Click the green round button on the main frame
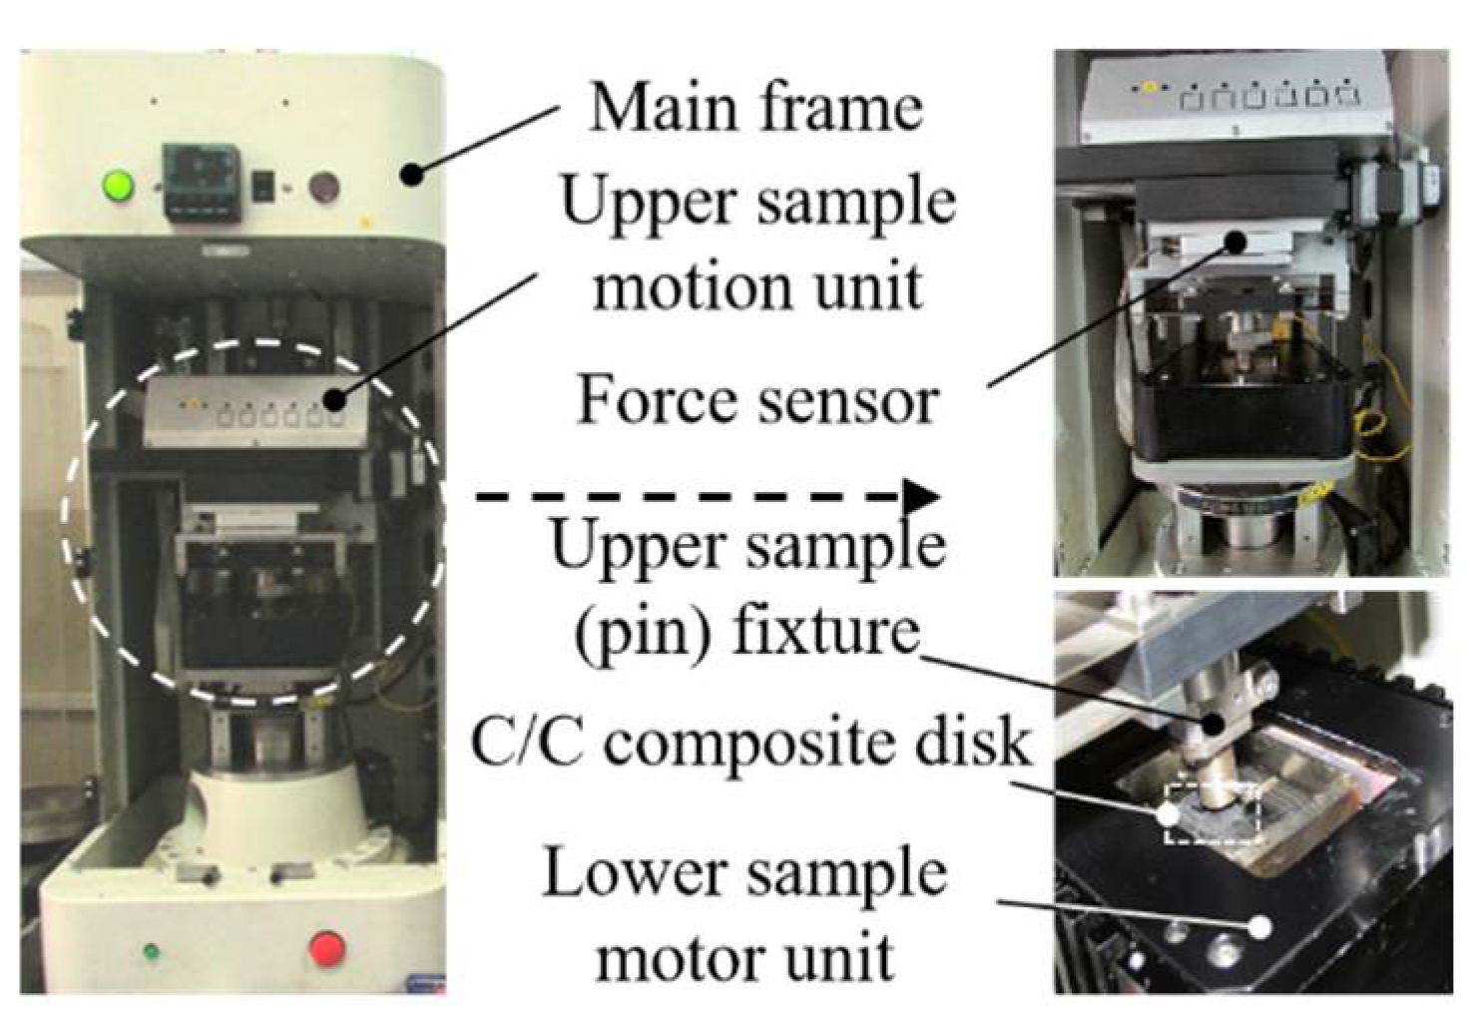coord(118,186)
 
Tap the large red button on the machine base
coord(327,949)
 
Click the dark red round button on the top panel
coord(324,187)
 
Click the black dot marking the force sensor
coord(1235,243)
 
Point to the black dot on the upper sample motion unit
coord(337,398)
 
